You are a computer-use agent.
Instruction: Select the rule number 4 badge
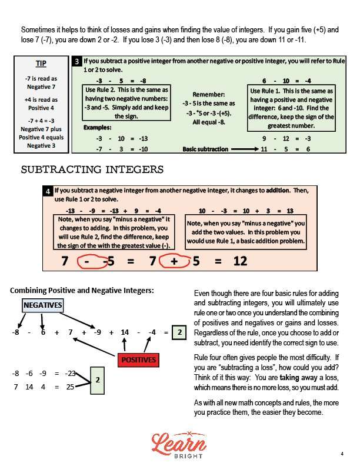click(x=48, y=192)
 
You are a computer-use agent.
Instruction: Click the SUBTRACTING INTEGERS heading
click(x=92, y=169)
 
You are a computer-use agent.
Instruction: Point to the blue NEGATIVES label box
click(x=42, y=305)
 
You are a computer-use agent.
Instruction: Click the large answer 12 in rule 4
click(x=239, y=261)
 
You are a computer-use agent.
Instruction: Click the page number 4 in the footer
click(x=342, y=454)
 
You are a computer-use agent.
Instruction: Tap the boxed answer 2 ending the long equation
click(x=179, y=332)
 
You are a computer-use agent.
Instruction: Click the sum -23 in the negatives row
click(x=69, y=372)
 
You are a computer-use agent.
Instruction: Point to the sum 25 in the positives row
click(x=69, y=387)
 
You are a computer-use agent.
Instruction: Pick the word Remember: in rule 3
click(x=208, y=94)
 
